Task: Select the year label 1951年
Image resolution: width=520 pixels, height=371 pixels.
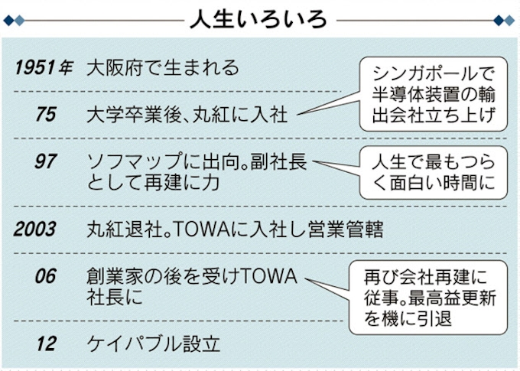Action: point(44,67)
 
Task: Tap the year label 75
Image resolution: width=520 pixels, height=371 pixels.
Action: point(46,115)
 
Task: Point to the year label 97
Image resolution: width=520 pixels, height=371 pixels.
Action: point(46,162)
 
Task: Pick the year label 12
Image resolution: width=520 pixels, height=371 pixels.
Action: point(46,343)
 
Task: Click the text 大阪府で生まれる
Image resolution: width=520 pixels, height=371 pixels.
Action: point(163,67)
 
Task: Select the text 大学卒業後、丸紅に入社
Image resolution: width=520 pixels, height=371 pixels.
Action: point(187,116)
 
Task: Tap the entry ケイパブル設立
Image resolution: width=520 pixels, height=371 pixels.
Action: point(154,343)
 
